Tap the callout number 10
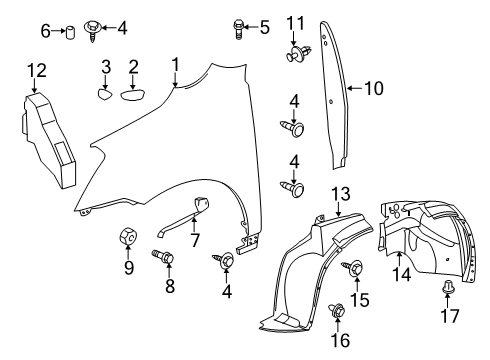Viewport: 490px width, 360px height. tap(373, 89)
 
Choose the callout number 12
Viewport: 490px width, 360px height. tap(36, 69)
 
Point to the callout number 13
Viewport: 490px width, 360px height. tap(340, 191)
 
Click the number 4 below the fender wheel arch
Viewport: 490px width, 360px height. tap(228, 291)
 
